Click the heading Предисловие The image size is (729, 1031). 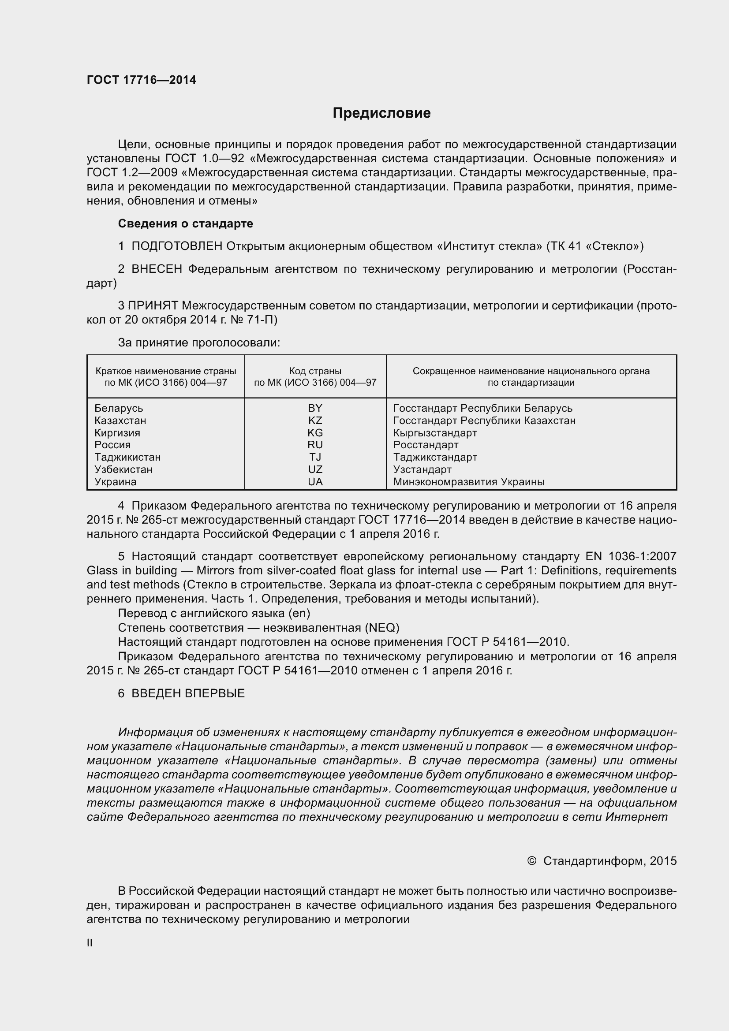click(381, 113)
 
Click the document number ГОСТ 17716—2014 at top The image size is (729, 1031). click(142, 80)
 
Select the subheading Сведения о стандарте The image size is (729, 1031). click(186, 223)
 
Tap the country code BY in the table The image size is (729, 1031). click(315, 408)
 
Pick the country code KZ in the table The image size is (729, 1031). click(315, 421)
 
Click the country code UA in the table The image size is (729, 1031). click(315, 482)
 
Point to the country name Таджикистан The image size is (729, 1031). click(127, 457)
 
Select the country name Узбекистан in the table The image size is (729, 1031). click(123, 469)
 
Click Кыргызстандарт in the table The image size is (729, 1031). click(435, 433)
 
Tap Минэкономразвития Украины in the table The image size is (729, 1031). click(468, 482)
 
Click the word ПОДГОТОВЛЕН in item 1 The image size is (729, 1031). click(177, 246)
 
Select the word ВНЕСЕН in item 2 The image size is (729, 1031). click(157, 269)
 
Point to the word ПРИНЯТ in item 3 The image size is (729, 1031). click(153, 306)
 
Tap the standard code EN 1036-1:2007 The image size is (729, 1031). click(631, 556)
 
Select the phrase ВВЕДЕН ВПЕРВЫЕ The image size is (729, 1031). click(188, 693)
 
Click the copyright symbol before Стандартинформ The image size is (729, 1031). click(531, 861)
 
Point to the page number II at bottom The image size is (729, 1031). click(90, 942)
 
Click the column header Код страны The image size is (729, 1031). click(315, 371)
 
